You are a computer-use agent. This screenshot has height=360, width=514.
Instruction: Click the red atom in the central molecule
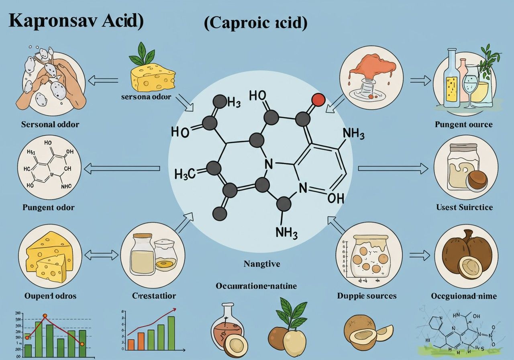click(318, 100)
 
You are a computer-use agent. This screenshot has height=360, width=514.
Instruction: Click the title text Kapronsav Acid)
click(75, 22)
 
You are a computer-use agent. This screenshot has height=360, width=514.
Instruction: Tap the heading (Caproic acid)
click(255, 23)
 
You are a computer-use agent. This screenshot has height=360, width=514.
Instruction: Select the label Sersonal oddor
click(50, 124)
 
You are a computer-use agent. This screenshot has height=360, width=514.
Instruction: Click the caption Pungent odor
click(49, 208)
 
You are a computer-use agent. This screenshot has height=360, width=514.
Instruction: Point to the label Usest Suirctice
click(464, 207)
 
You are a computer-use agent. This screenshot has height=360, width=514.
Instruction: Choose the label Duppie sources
click(367, 296)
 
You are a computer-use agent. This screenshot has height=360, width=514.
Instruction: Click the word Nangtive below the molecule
click(261, 264)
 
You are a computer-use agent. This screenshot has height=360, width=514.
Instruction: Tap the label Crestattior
click(154, 296)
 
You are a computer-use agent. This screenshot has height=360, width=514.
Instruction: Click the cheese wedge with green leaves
click(153, 76)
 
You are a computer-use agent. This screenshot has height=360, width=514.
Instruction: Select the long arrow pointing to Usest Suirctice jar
click(393, 169)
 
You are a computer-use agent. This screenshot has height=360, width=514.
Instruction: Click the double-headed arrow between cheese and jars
click(102, 255)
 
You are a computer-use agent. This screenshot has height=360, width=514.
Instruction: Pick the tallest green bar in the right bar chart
click(171, 333)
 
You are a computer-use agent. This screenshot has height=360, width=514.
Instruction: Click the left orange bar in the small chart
click(131, 344)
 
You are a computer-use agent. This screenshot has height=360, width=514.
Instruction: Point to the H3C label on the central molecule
click(185, 174)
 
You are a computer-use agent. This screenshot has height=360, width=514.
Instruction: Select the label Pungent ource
click(464, 124)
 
